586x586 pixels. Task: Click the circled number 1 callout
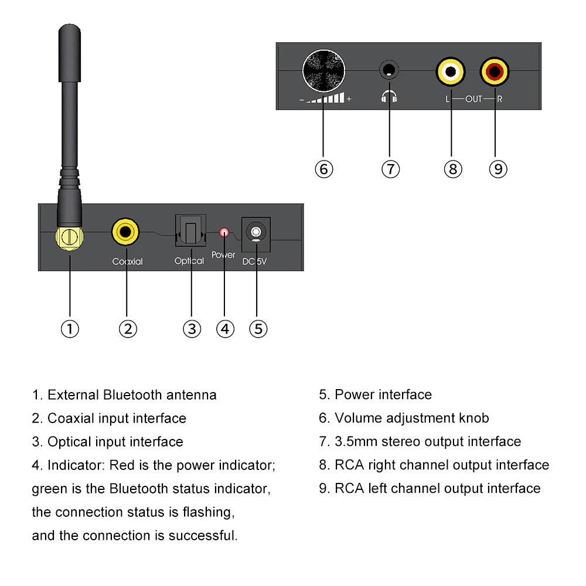click(x=70, y=328)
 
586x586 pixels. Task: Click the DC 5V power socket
click(x=256, y=233)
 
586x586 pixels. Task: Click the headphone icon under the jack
click(x=389, y=97)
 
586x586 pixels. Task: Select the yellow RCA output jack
click(x=451, y=72)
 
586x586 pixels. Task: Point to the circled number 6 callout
click(x=323, y=169)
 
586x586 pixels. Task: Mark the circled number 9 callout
click(x=498, y=169)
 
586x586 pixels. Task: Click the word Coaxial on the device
click(x=127, y=261)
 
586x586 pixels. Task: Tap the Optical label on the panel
click(x=189, y=261)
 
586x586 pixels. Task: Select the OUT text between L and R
click(x=473, y=99)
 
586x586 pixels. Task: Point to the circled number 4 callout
click(x=225, y=328)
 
